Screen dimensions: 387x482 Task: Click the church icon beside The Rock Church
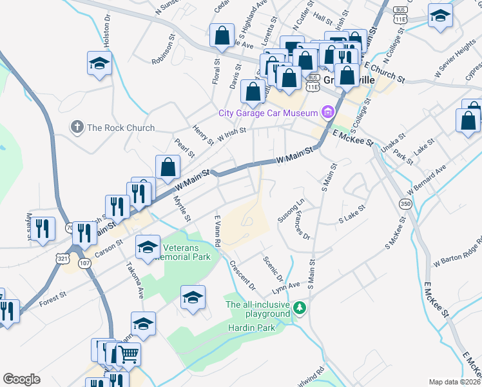pyautogui.click(x=77, y=127)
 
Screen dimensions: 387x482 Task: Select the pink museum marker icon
pyautogui.click(x=328, y=114)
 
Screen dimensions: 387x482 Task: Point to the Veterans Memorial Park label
pyautogui.click(x=187, y=252)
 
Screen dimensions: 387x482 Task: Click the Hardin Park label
pyautogui.click(x=251, y=328)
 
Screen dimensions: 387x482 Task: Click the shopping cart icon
pyautogui.click(x=128, y=353)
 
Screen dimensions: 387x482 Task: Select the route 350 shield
pyautogui.click(x=405, y=204)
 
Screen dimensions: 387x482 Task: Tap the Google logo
pyautogui.click(x=22, y=379)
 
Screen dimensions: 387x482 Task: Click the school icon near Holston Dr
pyautogui.click(x=100, y=64)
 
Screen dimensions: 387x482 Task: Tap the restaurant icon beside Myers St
pyautogui.click(x=42, y=228)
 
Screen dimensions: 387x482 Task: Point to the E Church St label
pyautogui.click(x=385, y=73)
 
